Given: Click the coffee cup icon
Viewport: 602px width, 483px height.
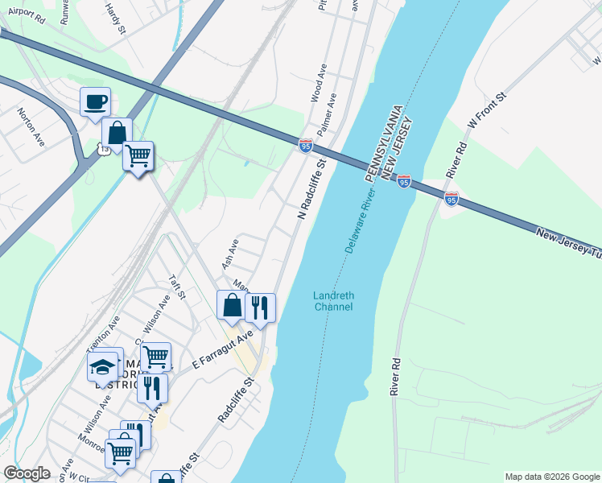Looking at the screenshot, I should click(x=95, y=102).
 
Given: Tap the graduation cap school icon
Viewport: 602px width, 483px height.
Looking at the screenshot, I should click(x=102, y=366).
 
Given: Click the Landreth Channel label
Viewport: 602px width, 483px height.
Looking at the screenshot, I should click(x=333, y=301).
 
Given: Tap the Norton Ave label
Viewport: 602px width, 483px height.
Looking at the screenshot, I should click(x=31, y=124).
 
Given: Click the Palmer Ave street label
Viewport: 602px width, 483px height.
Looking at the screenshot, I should click(x=327, y=114).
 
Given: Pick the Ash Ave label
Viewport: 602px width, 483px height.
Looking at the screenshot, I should click(x=229, y=254).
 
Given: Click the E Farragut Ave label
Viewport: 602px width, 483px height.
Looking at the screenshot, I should click(x=223, y=350).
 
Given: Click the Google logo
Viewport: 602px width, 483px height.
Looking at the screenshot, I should click(x=27, y=473).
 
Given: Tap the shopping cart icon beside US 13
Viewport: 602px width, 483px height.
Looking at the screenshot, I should click(x=138, y=155).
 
